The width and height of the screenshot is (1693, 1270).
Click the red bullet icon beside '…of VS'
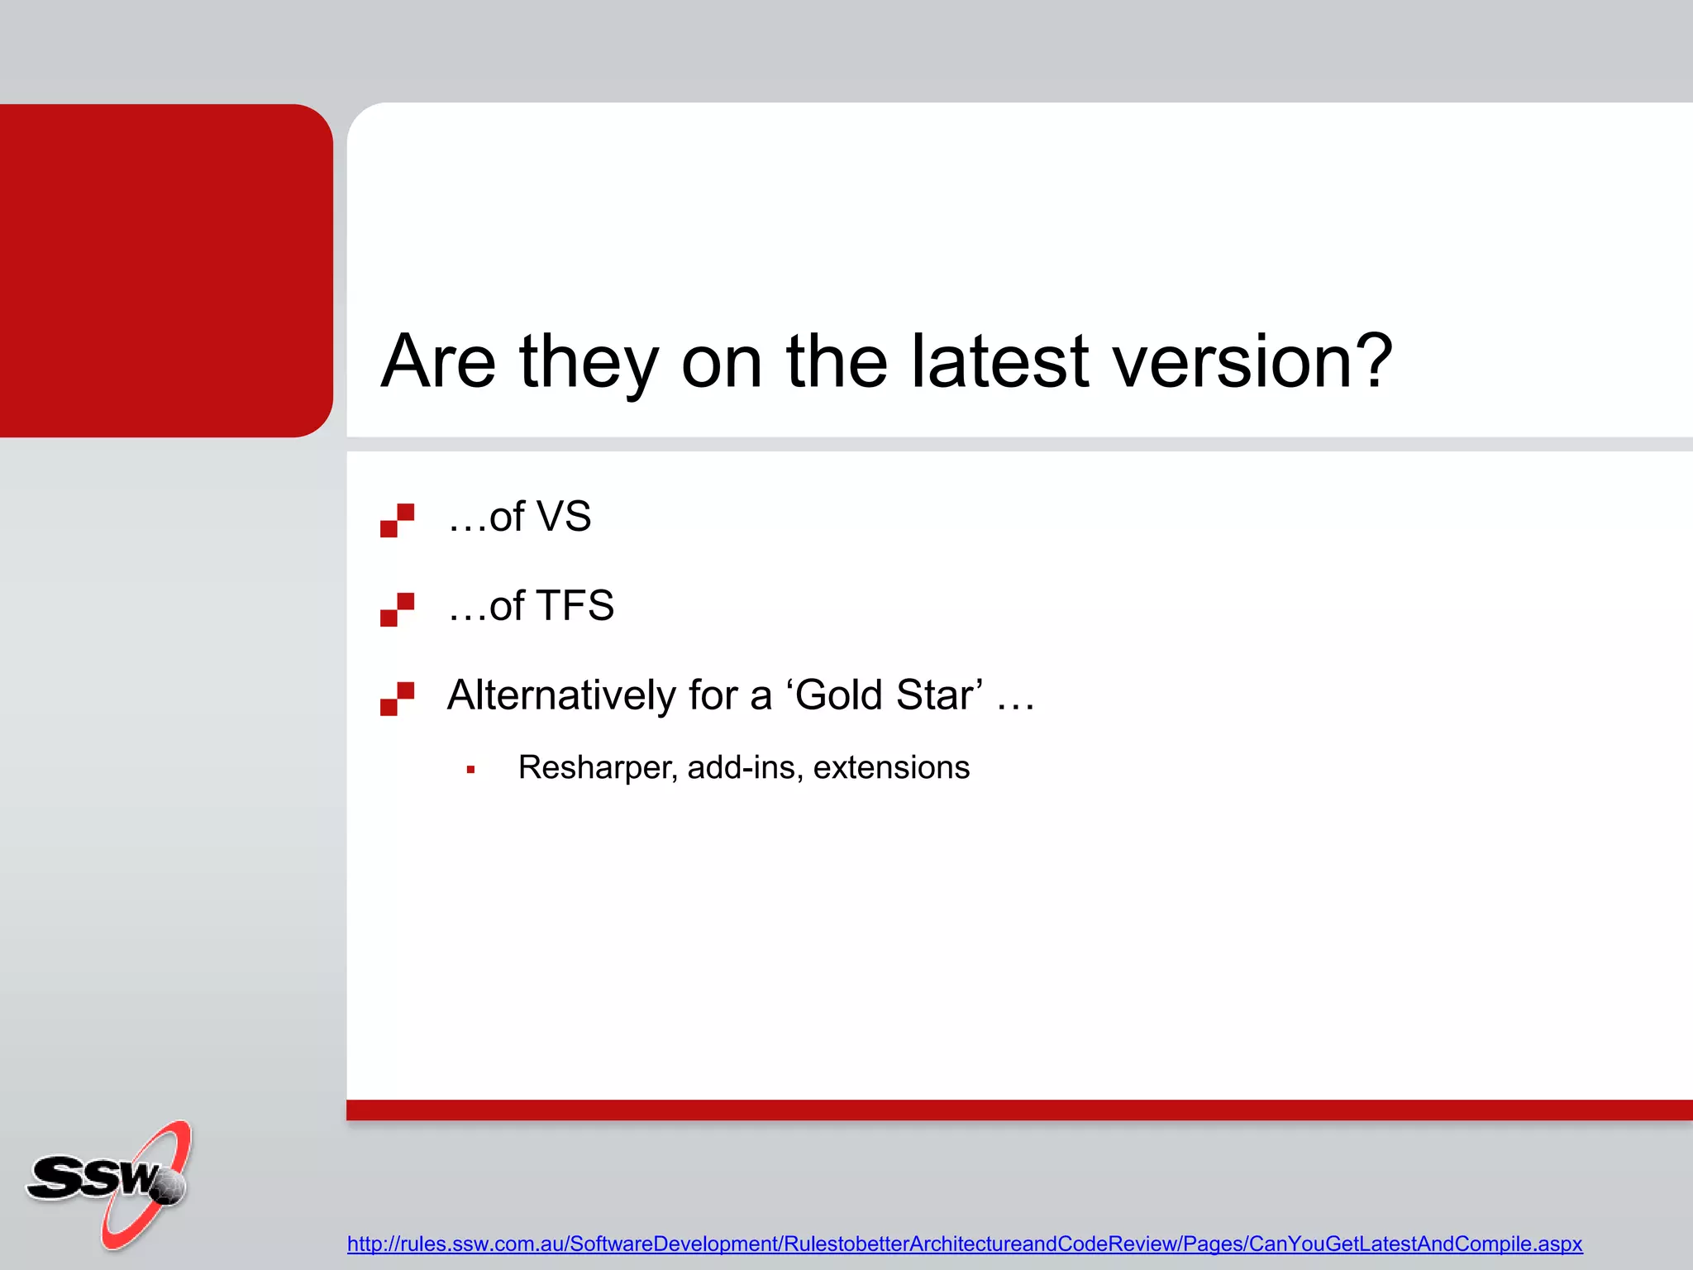tap(397, 520)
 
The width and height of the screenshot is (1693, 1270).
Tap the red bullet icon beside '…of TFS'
tap(397, 609)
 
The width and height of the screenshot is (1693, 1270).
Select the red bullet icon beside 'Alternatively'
tap(397, 699)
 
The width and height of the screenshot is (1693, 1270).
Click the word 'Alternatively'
tap(560, 695)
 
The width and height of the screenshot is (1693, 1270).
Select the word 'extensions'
tap(891, 768)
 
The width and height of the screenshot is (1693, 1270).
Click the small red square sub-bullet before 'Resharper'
tap(470, 770)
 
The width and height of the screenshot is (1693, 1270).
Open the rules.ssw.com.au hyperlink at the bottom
tap(964, 1244)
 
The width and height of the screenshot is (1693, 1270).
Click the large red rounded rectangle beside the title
tap(165, 270)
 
